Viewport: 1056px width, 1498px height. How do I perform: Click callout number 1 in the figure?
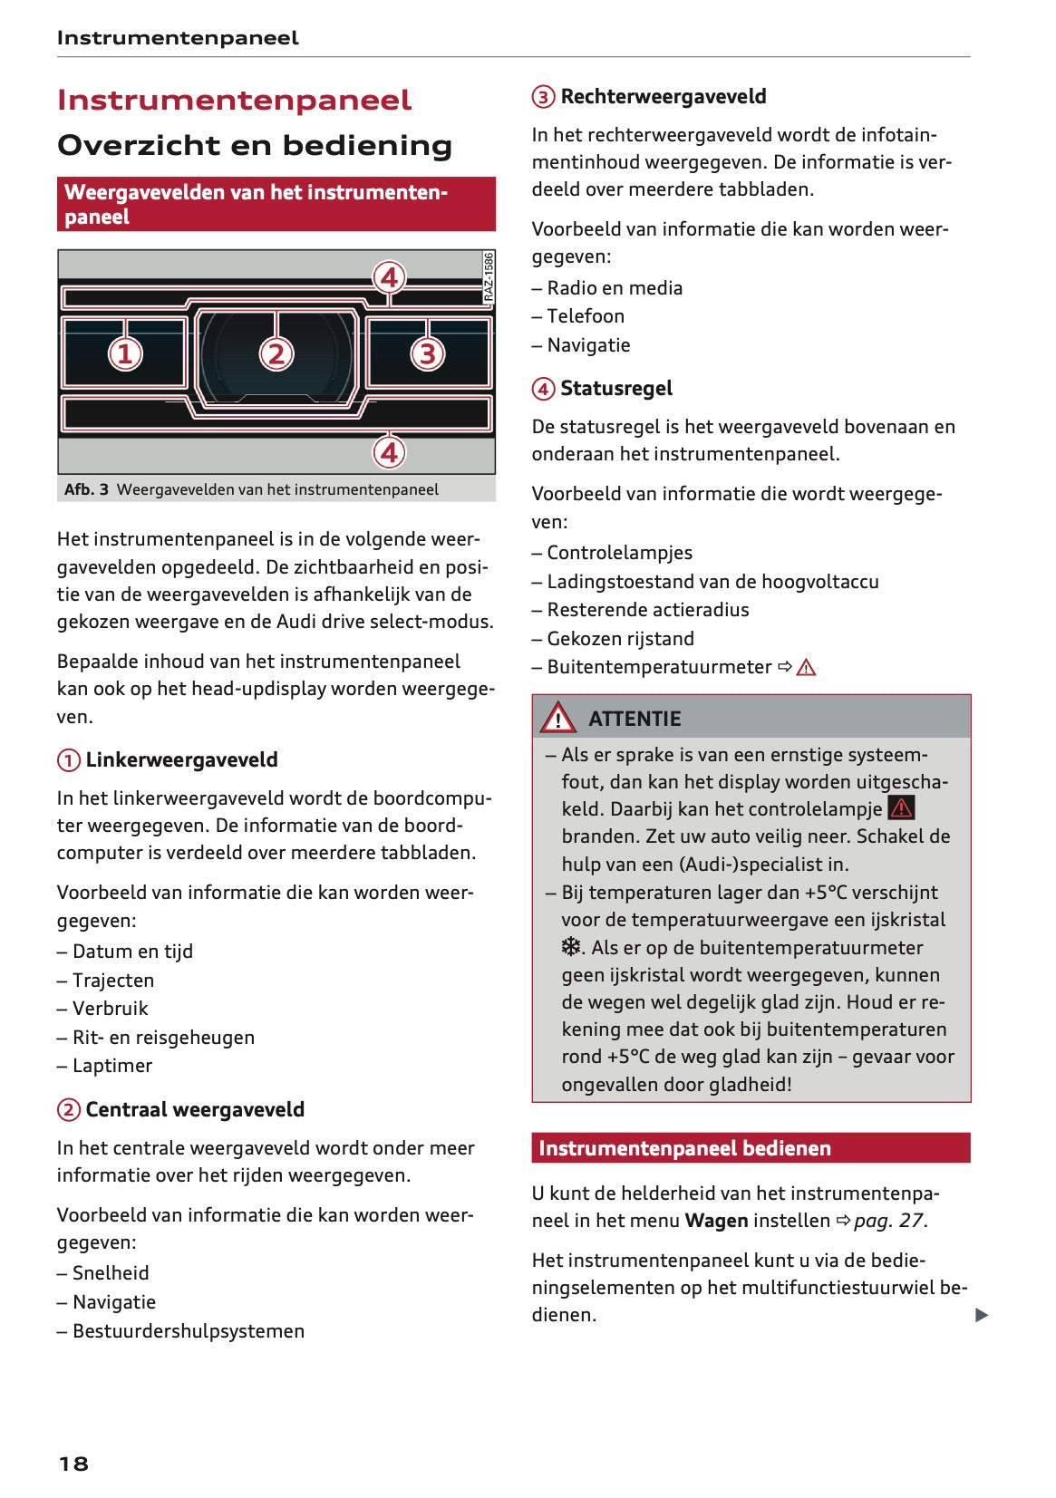click(x=125, y=353)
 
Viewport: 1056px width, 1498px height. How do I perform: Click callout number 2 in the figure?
click(x=276, y=353)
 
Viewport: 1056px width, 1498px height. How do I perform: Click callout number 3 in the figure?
click(x=427, y=353)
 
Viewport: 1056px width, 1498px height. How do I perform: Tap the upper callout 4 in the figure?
click(x=390, y=277)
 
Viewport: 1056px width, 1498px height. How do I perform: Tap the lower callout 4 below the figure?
click(x=390, y=451)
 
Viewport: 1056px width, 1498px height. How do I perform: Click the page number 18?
click(x=73, y=1464)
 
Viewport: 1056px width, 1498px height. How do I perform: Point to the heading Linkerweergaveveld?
click(x=181, y=759)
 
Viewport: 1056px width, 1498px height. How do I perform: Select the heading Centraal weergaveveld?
click(x=194, y=1109)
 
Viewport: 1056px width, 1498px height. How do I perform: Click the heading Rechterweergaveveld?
click(x=663, y=96)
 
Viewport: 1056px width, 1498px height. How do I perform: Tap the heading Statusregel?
click(x=615, y=388)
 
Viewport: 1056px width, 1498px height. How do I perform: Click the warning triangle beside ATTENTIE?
click(x=557, y=718)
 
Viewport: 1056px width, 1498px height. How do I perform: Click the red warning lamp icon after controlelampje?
click(x=901, y=807)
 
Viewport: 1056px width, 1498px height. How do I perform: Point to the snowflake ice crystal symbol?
click(x=571, y=947)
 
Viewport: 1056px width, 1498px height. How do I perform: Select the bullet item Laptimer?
click(x=111, y=1066)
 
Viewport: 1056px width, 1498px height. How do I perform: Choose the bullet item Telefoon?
click(x=585, y=316)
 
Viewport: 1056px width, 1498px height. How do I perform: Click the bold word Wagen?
click(x=716, y=1221)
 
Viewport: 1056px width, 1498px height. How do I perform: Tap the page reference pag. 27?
click(x=888, y=1221)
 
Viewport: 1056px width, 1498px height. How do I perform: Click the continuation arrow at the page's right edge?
click(x=982, y=1315)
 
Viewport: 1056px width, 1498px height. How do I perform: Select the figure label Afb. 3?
click(x=86, y=489)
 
